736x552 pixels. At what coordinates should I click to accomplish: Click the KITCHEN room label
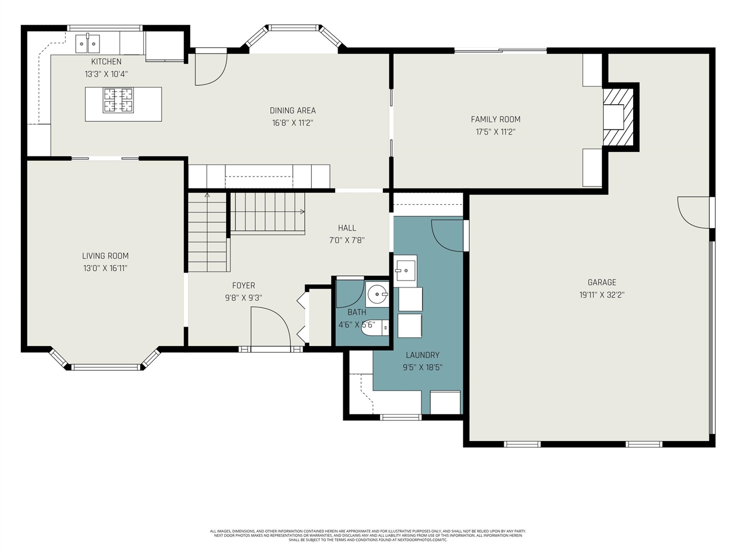106,62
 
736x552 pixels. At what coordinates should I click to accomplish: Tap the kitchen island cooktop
118,100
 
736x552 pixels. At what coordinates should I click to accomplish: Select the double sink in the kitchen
88,43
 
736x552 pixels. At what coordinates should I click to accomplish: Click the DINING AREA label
293,110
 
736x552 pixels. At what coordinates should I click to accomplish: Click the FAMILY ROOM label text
495,120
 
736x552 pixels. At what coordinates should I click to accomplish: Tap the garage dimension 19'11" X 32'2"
601,295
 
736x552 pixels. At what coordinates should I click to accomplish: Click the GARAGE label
601,282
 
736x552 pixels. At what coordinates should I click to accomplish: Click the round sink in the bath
377,294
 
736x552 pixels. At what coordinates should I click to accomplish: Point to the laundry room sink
405,269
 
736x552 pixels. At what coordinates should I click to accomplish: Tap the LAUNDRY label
422,355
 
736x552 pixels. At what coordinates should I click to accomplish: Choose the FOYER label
243,286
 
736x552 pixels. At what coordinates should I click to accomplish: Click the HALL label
347,228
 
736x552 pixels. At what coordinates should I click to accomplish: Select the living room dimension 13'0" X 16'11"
105,269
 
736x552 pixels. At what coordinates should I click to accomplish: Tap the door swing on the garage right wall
694,212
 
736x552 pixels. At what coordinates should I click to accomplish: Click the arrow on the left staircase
207,195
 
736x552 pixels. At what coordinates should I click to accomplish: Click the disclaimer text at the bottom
368,535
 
